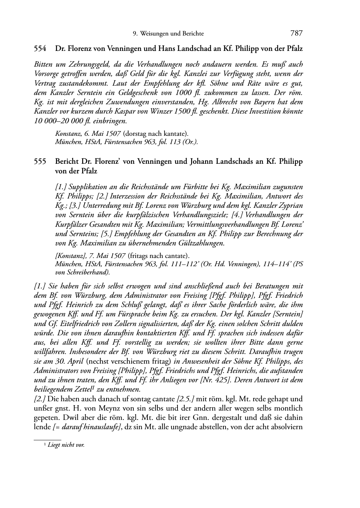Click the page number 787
(x=297, y=33)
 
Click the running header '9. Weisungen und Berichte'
(x=168, y=34)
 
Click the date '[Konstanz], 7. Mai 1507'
(x=90, y=256)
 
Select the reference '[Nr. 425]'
(x=214, y=380)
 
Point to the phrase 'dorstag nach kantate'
(x=155, y=134)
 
